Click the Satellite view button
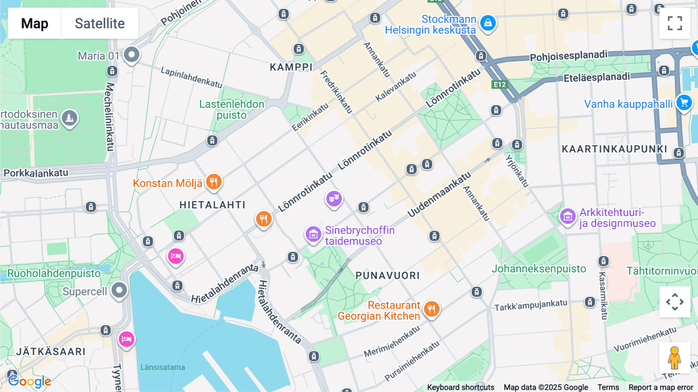100,23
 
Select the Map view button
35,23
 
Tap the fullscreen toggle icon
675,23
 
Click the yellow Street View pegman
674,357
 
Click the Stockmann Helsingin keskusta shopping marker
488,23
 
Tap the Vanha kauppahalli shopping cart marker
684,103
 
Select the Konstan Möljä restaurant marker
214,181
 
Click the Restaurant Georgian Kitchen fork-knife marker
431,309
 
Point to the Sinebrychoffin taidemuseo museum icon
313,234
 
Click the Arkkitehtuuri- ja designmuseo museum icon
568,216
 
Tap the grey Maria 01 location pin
131,54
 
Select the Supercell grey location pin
119,290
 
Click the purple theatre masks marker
333,199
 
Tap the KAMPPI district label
291,67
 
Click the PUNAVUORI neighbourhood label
387,276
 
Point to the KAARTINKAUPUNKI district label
614,149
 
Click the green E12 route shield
499,85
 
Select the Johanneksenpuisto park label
539,269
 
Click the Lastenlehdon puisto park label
232,109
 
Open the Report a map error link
660,387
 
